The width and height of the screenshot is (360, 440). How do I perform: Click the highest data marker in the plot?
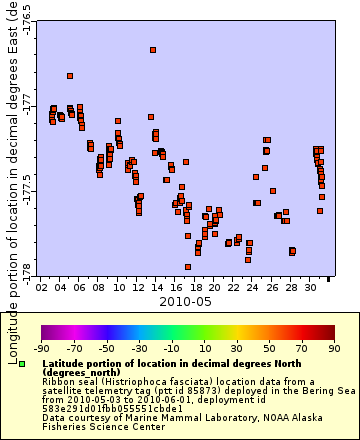(x=153, y=50)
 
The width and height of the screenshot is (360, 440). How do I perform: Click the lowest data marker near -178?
(x=188, y=267)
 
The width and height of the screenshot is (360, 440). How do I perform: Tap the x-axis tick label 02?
(x=42, y=287)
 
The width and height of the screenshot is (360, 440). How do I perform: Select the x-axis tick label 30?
(x=311, y=287)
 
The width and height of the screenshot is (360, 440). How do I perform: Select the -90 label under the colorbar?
(x=42, y=349)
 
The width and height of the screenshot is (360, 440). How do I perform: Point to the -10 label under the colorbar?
(x=172, y=349)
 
